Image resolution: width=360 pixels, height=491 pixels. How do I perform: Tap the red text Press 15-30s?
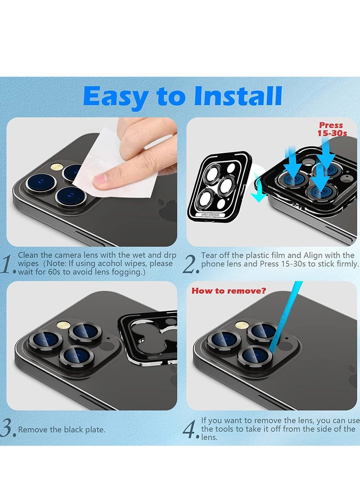[332, 129]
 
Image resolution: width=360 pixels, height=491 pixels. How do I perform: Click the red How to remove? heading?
[229, 291]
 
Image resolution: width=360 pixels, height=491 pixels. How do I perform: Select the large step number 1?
[8, 265]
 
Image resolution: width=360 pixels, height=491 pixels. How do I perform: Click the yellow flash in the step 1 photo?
[57, 167]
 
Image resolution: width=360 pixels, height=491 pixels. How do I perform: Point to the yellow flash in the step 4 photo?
[242, 325]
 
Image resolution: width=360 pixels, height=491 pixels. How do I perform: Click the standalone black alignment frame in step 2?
[220, 187]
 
